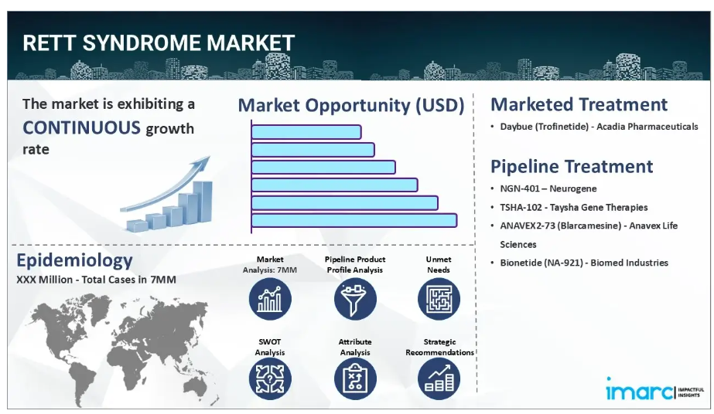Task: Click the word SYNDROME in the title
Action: click(141, 43)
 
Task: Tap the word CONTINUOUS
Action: click(81, 127)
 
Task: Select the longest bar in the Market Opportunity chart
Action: click(354, 220)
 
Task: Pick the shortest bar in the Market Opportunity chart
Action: click(306, 132)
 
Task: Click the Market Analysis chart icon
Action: click(270, 299)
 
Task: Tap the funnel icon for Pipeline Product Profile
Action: click(355, 299)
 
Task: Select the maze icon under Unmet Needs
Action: click(439, 299)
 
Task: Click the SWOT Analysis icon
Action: click(270, 379)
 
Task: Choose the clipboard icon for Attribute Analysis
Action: click(355, 379)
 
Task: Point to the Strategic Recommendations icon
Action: click(439, 379)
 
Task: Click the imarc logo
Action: click(654, 389)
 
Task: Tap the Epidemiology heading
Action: click(75, 261)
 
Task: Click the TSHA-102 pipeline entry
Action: click(574, 207)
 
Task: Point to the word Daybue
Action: click(516, 127)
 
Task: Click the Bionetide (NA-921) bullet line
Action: click(584, 263)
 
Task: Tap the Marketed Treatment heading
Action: click(579, 104)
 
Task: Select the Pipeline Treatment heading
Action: click(572, 167)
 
